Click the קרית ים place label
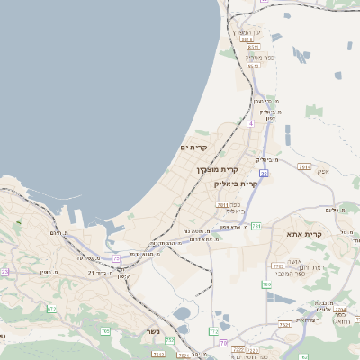click(x=193, y=147)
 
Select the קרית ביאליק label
click(x=236, y=184)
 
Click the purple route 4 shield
click(x=250, y=123)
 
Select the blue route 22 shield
click(x=264, y=173)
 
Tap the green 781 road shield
click(x=256, y=226)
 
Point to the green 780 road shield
click(x=267, y=284)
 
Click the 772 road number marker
click(x=213, y=332)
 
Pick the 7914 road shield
click(x=304, y=166)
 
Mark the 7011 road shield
click(x=221, y=205)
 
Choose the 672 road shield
click(x=51, y=309)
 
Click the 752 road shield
click(x=168, y=340)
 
